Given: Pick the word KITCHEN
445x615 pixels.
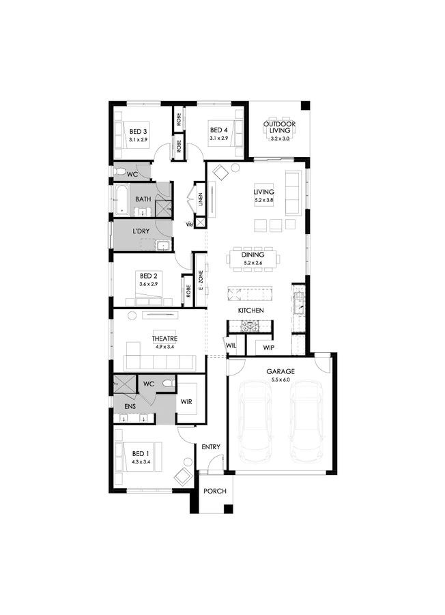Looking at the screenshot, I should [x=250, y=311].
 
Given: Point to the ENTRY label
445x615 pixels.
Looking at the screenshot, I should [x=211, y=447].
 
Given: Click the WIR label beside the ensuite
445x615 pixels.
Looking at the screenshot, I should [x=186, y=401].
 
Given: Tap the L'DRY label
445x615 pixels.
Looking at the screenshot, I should [x=141, y=231].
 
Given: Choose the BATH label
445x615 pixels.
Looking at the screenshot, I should [x=143, y=199].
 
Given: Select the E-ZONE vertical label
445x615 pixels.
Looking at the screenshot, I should [x=201, y=281].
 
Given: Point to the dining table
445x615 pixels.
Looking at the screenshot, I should [x=253, y=258].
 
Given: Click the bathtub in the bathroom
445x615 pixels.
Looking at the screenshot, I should [x=120, y=199].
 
